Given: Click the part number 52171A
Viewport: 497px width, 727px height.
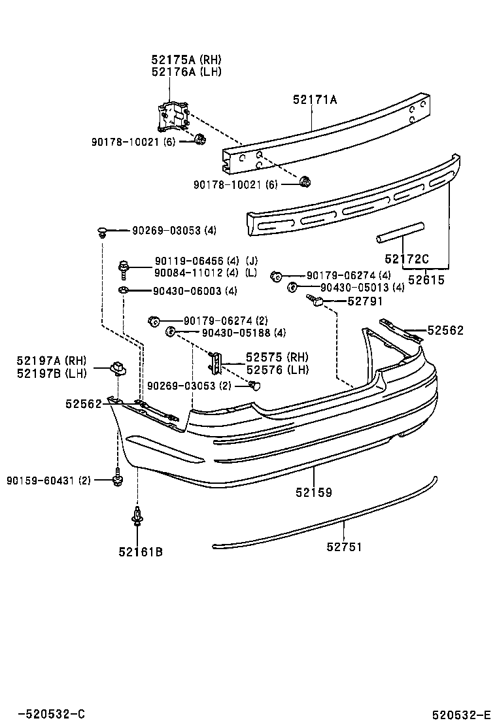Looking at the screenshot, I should coord(315,100).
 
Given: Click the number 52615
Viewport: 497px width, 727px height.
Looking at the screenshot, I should coord(426,280).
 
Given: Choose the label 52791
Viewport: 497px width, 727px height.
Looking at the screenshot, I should coord(365,301).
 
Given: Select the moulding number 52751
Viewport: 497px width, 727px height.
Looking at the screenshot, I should coord(344,547).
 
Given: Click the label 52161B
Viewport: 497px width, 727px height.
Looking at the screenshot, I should coord(140,552).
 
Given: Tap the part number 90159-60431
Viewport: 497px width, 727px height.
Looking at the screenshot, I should coord(48,481).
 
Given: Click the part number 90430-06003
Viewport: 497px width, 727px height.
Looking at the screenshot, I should coord(186,291).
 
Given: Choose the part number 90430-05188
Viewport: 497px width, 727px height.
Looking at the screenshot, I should coord(234,333).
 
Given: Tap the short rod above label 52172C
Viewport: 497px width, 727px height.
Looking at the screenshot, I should coord(400,232).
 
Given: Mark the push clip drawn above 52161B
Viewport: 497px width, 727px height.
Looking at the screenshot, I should coord(137,516).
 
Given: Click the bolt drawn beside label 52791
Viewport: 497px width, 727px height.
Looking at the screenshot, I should coord(317,301).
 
